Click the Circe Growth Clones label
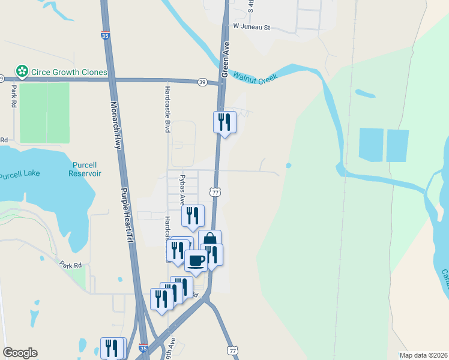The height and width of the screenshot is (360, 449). point(69,72)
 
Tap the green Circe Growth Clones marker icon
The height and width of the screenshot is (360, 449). point(22,72)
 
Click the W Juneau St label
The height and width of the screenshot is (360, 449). point(252,27)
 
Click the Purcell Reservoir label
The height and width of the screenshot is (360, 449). point(87,169)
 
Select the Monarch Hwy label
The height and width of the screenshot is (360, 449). point(116,126)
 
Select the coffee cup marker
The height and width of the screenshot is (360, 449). point(196,260)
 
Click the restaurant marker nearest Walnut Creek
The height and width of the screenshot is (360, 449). point(224,122)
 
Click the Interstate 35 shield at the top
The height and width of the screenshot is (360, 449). point(105,36)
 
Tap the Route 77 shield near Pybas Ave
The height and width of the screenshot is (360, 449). point(214,192)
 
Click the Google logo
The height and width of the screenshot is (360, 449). point(20,353)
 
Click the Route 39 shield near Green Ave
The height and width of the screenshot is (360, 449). point(203,82)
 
